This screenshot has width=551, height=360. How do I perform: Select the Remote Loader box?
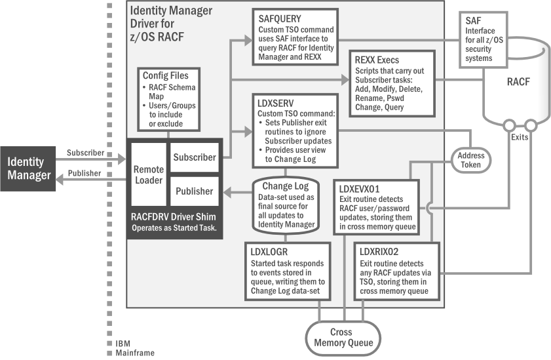(x=149, y=173)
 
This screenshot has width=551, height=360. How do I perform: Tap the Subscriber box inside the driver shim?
(x=194, y=157)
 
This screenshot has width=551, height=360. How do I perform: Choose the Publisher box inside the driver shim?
(x=194, y=191)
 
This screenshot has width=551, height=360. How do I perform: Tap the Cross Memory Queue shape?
(x=344, y=337)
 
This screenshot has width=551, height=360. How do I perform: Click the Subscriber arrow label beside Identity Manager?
(x=85, y=152)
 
